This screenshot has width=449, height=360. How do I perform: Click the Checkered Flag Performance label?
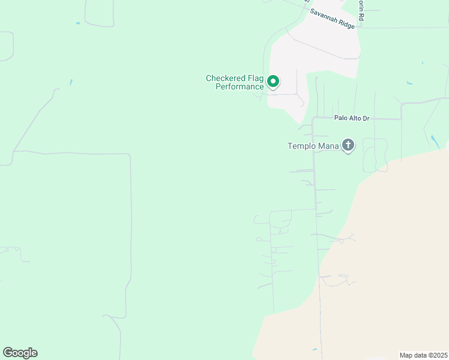click(235, 82)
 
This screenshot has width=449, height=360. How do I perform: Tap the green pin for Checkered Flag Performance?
click(273, 81)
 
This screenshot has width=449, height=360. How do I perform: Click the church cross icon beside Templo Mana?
click(348, 145)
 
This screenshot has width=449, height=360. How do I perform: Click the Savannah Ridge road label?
click(332, 19)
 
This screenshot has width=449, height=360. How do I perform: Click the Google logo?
click(20, 353)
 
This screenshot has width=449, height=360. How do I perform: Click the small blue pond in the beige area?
click(315, 349)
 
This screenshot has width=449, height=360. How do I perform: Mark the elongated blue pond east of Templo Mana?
click(433, 142)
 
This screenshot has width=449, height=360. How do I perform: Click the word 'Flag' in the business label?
click(254, 78)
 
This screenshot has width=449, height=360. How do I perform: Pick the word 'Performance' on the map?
click(240, 86)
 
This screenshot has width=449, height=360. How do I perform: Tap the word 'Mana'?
click(328, 145)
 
